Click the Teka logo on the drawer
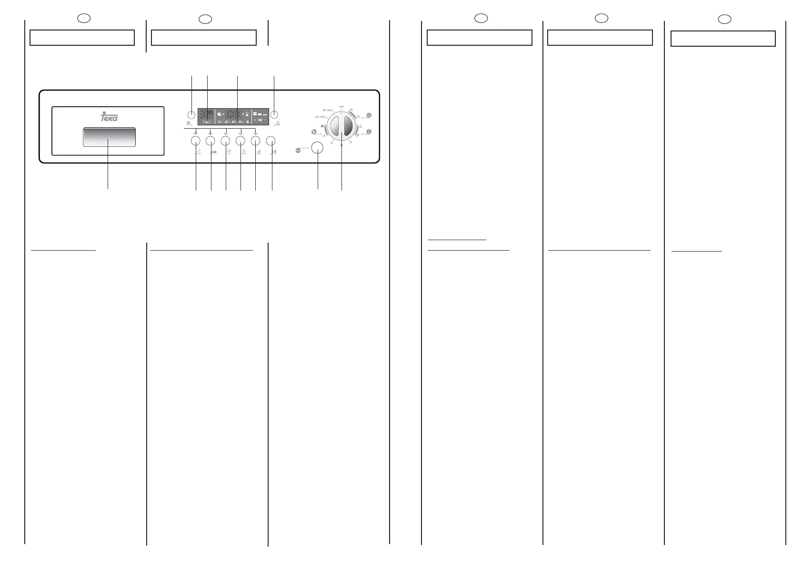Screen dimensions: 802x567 pos(109,117)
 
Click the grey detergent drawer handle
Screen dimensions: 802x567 pos(109,137)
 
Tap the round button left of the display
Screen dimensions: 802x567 pos(191,114)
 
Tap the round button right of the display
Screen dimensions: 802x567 pos(274,114)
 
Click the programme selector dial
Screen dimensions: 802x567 pos(341,126)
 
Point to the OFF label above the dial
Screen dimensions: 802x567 pos(341,106)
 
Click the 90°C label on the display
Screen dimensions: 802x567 pos(221,122)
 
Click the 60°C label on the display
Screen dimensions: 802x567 pos(228,122)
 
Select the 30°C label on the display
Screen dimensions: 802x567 pos(241,122)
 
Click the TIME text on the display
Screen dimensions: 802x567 pos(260,121)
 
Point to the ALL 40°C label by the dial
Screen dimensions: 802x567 pos(321,117)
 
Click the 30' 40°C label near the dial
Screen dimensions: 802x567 pos(328,110)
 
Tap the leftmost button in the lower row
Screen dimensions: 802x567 pos(195,141)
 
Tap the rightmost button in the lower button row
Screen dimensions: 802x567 pos(271,141)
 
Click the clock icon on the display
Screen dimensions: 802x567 pos(219,114)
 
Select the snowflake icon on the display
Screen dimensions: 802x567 pos(248,122)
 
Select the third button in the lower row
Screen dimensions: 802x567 pos(225,141)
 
